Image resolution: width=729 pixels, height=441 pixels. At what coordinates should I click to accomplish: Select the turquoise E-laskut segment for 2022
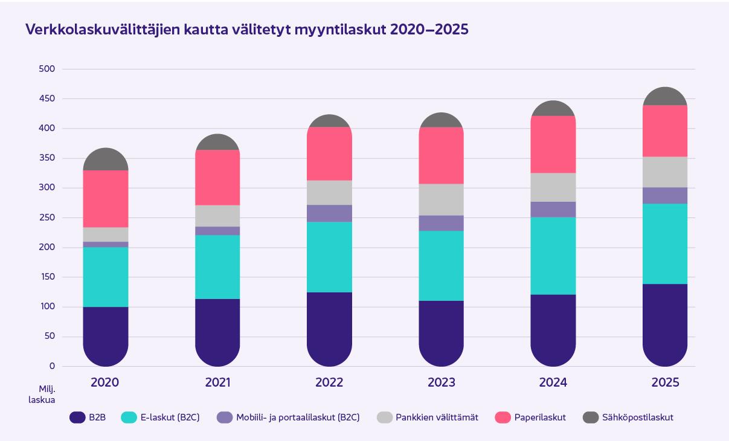click(329, 257)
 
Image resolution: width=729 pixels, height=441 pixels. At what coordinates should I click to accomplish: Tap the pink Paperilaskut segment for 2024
click(553, 144)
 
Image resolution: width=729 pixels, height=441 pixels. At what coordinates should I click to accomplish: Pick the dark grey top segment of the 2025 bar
click(665, 96)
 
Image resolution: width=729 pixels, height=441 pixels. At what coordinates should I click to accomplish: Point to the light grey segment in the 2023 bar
click(442, 199)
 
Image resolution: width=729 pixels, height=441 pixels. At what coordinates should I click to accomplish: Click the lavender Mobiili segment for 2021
click(217, 231)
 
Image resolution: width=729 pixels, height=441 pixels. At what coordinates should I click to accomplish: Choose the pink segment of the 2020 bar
click(106, 199)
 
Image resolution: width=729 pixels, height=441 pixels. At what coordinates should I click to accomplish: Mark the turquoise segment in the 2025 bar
click(665, 244)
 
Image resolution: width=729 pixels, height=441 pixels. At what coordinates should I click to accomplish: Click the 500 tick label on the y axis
click(47, 69)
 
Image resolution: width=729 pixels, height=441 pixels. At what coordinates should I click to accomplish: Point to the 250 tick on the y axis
click(47, 217)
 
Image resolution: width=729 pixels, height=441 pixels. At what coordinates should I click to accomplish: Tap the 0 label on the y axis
click(52, 366)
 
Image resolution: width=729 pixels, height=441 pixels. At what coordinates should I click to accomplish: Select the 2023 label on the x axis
click(442, 382)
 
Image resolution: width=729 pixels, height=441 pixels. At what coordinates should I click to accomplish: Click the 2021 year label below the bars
click(217, 382)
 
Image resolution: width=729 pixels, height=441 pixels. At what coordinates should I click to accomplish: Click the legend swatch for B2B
click(77, 417)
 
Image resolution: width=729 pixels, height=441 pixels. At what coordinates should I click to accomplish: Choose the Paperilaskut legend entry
click(530, 417)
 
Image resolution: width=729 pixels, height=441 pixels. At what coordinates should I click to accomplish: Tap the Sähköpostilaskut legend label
click(638, 417)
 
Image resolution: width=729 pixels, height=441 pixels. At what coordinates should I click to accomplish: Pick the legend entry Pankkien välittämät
click(427, 417)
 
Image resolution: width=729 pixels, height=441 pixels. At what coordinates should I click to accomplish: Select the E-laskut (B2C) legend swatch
click(129, 417)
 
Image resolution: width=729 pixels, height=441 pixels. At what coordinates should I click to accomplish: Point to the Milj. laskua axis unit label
click(42, 394)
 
